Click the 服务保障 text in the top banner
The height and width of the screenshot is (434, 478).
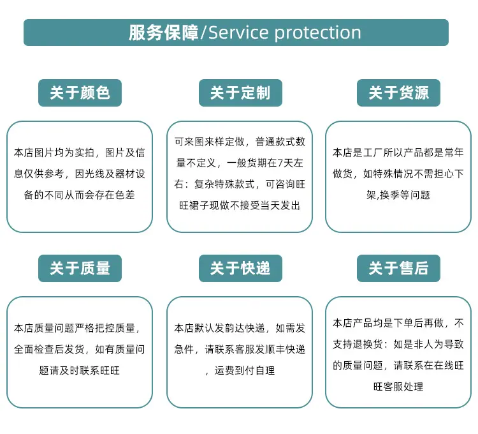click(163, 33)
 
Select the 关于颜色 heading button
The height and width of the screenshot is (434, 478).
click(80, 93)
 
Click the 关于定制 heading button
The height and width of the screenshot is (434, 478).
click(240, 93)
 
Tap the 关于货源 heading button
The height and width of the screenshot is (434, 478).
click(398, 93)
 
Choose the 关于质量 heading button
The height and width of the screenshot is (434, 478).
click(80, 268)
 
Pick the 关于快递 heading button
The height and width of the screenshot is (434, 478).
click(240, 268)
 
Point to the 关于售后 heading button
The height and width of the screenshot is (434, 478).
click(398, 268)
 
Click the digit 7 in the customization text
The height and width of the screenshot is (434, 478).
click(280, 163)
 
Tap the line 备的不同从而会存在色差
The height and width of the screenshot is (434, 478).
click(79, 195)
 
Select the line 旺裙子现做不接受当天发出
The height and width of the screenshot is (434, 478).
click(240, 206)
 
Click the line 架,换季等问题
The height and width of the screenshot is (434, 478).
click(398, 195)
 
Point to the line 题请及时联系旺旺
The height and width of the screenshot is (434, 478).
click(79, 371)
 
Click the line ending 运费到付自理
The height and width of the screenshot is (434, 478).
click(240, 371)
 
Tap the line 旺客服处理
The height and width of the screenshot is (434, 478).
click(398, 387)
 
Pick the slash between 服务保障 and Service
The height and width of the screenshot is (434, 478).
click(203, 33)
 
